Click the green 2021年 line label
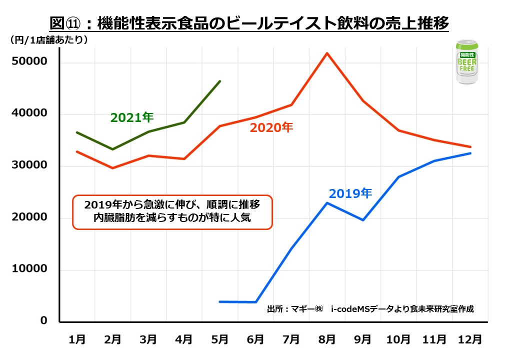(131, 117)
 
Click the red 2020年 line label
(271, 127)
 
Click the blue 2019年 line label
(350, 193)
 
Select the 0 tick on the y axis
(43, 320)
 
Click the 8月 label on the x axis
(327, 339)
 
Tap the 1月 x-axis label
(77, 339)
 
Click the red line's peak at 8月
(326, 53)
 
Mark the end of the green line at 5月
(219, 81)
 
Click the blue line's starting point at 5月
(220, 301)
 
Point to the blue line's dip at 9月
(362, 220)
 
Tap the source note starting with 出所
(370, 308)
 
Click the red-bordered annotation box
(172, 212)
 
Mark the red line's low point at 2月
(113, 168)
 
